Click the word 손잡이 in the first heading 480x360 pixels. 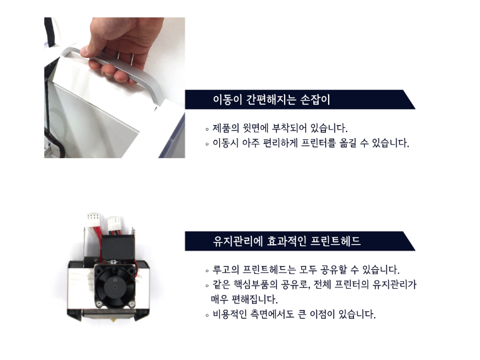[x=315, y=99]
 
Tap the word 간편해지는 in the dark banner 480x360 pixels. [x=271, y=99]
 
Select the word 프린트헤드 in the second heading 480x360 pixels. [x=335, y=241]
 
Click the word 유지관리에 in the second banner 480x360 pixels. [x=238, y=241]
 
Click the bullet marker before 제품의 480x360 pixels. [x=207, y=129]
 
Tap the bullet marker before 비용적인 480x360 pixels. [x=207, y=315]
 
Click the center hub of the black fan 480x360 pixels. [x=115, y=287]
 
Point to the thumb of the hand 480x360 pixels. [x=89, y=51]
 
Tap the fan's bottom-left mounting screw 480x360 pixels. [x=99, y=304]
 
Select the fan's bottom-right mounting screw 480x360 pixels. [x=131, y=304]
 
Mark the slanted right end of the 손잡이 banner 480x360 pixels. [x=409, y=99]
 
